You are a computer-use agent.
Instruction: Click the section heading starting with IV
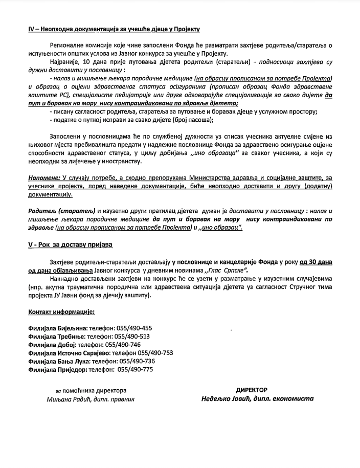tap(114, 29)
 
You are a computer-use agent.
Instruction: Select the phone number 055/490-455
tap(133, 328)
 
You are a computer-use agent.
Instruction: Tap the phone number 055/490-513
tap(132, 336)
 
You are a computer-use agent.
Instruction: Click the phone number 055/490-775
tap(135, 369)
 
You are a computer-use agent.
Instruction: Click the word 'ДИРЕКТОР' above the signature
tap(251, 390)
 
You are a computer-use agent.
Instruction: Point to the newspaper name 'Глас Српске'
tap(227, 270)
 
